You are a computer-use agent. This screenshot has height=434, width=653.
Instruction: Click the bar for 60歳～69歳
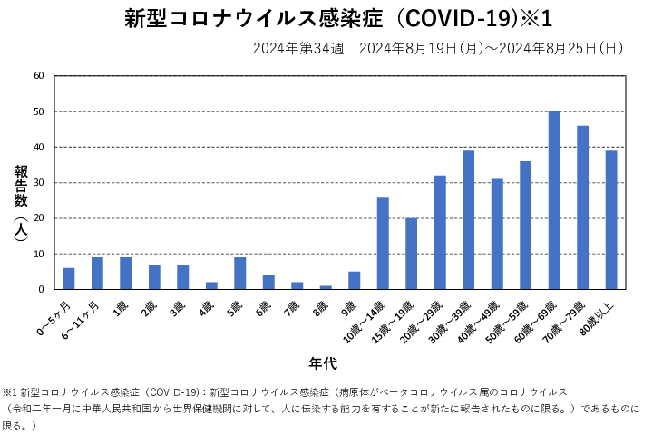pos(554,200)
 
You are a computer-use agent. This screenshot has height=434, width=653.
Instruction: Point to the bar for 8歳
pos(326,287)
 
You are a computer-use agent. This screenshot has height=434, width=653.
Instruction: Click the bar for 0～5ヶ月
pos(69,279)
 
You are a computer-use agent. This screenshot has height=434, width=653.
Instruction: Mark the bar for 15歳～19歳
pos(412,254)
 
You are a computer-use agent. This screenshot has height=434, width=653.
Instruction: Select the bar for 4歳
pos(211,285)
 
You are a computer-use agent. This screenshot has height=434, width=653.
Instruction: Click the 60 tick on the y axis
pos(39,76)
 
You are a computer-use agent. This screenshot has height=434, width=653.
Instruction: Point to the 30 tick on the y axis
pos(39,183)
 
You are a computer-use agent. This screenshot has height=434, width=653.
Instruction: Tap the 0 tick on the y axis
pos(42,290)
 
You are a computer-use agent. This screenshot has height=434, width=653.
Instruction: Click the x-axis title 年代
pos(322,364)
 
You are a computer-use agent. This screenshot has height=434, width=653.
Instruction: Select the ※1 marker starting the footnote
pos(11,392)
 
